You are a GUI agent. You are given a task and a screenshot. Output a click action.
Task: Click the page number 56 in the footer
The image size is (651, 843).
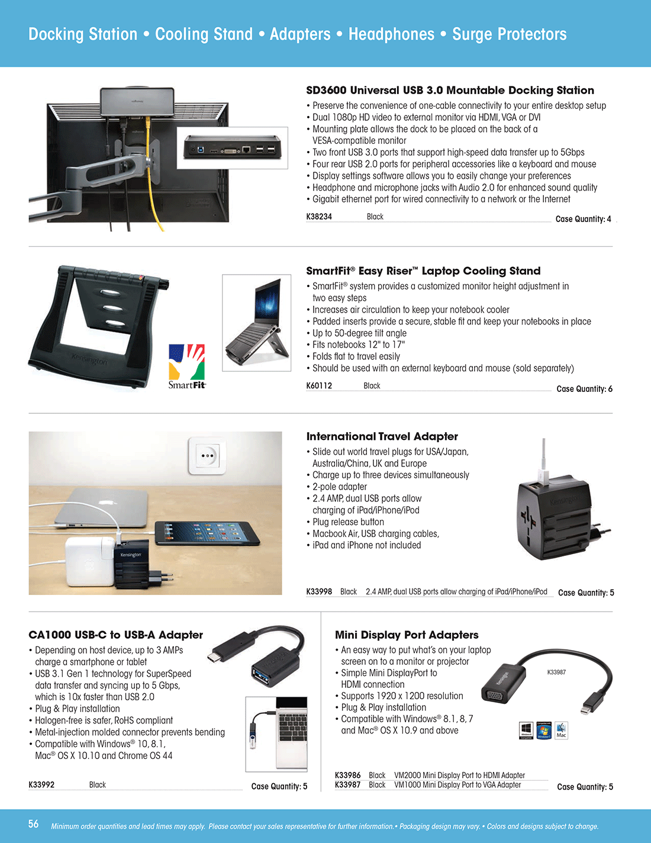click(34, 824)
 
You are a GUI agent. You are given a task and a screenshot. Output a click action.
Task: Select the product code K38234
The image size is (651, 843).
click(319, 217)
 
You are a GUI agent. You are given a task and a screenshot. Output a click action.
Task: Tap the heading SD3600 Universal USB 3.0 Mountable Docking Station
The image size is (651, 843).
click(450, 91)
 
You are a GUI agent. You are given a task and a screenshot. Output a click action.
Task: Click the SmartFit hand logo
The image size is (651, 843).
click(187, 362)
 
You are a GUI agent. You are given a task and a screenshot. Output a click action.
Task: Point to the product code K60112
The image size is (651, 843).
click(319, 386)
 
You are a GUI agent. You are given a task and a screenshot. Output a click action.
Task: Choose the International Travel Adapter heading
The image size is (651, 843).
click(382, 437)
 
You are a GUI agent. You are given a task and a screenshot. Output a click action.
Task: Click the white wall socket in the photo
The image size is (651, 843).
click(207, 455)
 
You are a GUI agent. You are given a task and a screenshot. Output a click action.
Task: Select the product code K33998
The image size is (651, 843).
click(319, 591)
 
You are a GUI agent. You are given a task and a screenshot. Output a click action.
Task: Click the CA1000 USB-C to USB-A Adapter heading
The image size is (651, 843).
click(115, 635)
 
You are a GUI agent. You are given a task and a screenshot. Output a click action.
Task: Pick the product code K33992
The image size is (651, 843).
click(41, 785)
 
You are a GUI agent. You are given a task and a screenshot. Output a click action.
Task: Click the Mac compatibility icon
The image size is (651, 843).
click(561, 730)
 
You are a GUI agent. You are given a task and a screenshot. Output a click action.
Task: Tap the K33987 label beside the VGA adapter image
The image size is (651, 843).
click(556, 673)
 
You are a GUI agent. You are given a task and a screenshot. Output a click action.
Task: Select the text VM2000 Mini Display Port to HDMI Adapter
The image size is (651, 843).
click(459, 776)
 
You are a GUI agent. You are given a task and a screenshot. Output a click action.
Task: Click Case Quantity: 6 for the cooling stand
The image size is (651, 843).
click(584, 389)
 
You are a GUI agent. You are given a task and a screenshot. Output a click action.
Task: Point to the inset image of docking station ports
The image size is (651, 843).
click(232, 148)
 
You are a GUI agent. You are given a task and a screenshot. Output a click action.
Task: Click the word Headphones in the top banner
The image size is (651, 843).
click(391, 34)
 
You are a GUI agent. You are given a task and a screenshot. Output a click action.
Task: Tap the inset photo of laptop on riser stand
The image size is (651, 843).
click(256, 323)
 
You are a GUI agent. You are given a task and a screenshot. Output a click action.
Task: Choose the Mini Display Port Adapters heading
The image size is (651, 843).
click(407, 635)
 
